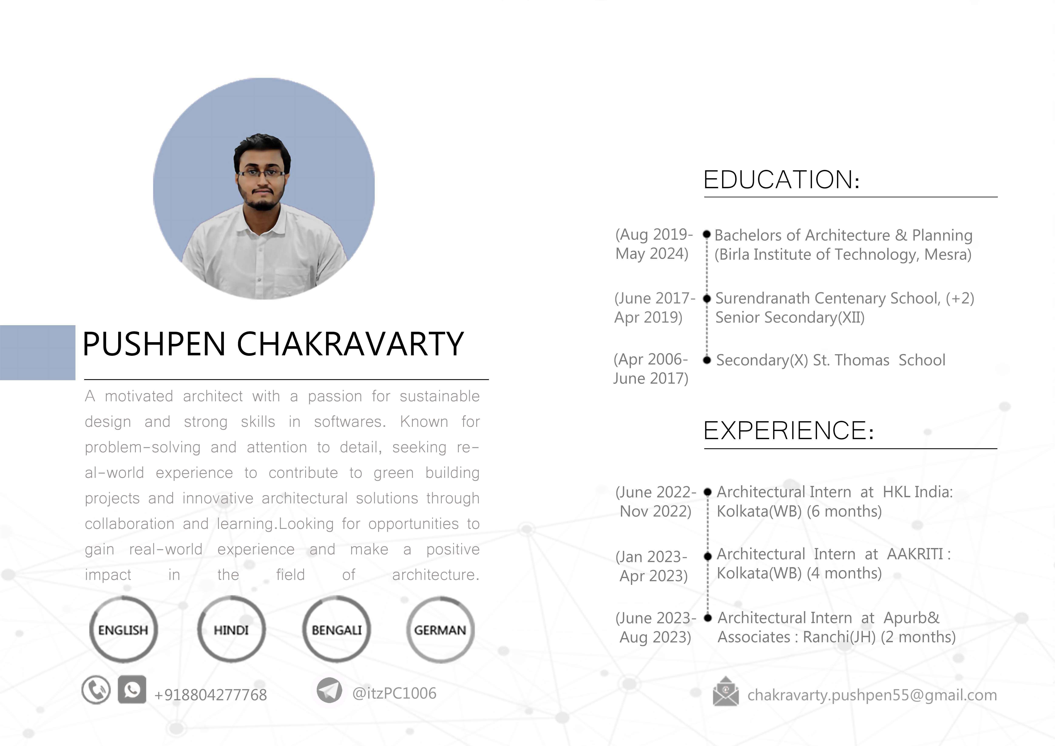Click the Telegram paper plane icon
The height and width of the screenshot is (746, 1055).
(x=329, y=690)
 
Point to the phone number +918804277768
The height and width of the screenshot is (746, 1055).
(x=210, y=695)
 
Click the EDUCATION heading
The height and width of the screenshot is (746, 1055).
(x=781, y=180)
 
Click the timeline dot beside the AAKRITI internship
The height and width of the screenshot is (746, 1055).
(x=708, y=556)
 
